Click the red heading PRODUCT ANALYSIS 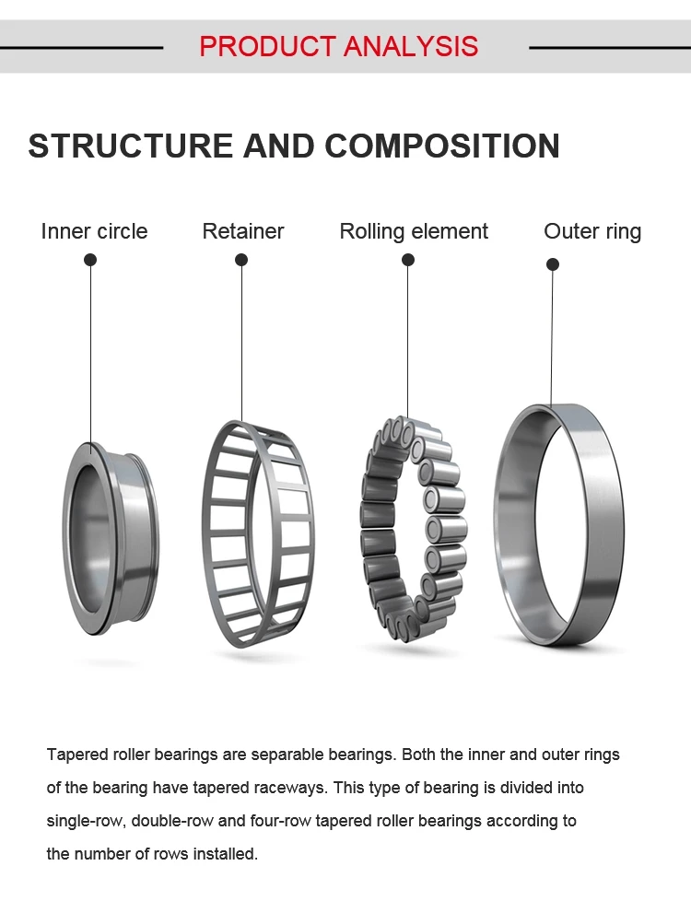(x=338, y=46)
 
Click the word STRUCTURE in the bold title (x=130, y=146)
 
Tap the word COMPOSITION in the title (x=441, y=146)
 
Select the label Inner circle (x=94, y=231)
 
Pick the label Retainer (x=243, y=231)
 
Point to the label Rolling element (x=414, y=231)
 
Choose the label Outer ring (x=592, y=231)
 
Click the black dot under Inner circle (x=90, y=260)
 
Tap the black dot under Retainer (x=241, y=260)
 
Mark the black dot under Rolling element (x=408, y=260)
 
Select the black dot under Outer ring (x=553, y=264)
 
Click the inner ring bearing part (x=111, y=539)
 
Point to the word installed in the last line (x=228, y=854)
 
